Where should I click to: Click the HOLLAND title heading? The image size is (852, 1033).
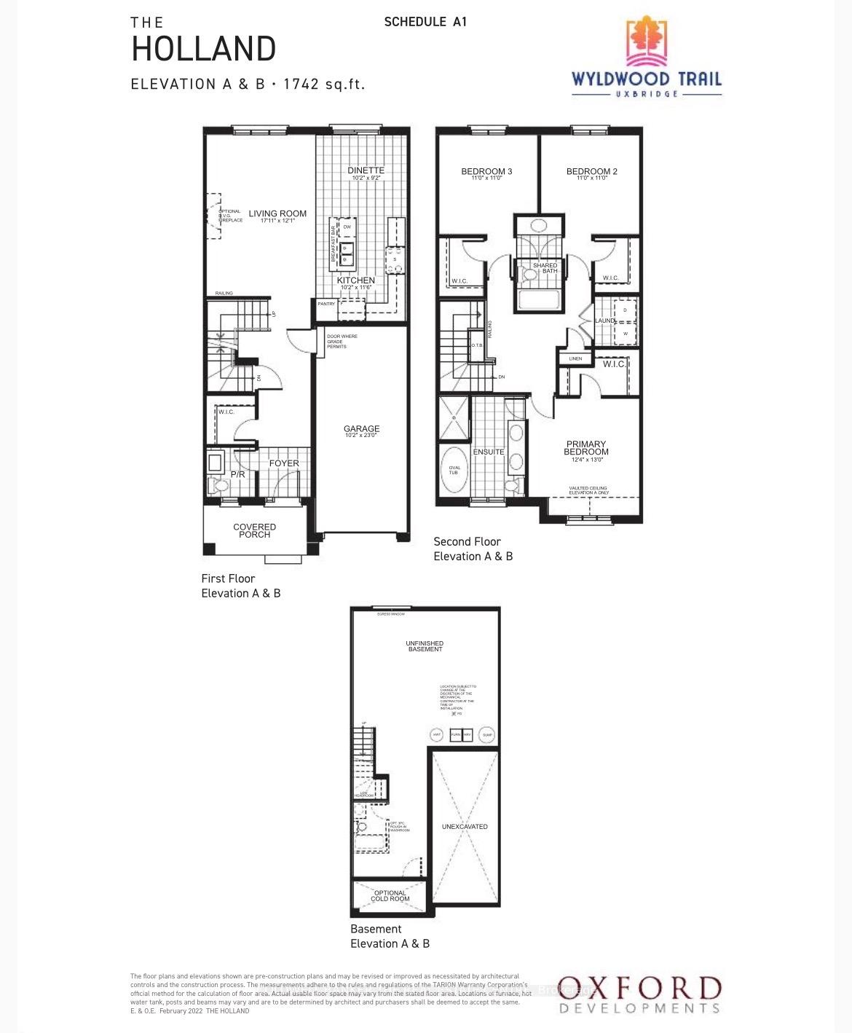(203, 49)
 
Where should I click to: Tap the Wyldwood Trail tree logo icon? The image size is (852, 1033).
(647, 42)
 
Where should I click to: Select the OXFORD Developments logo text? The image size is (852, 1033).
(639, 989)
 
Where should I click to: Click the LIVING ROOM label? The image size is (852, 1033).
(277, 214)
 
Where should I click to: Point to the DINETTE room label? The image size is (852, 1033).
(366, 170)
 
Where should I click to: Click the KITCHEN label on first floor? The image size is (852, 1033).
(356, 280)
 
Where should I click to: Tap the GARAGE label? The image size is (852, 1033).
(362, 429)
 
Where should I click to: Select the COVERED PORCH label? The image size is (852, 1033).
(254, 530)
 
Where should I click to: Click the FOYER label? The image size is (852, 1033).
(284, 463)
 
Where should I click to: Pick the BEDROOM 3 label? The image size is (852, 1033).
(486, 172)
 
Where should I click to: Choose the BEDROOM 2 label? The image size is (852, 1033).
(591, 172)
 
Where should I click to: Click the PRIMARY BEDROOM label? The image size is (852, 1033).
(586, 448)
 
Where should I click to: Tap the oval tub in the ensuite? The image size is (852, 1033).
(454, 470)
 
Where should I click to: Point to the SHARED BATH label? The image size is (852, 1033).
(545, 267)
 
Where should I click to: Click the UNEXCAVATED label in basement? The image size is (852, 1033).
(465, 827)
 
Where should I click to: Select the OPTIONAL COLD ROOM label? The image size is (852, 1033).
(390, 896)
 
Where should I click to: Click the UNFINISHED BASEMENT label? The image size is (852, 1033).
(425, 646)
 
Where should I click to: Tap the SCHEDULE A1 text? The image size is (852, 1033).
(425, 22)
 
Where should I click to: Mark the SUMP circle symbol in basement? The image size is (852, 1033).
(487, 735)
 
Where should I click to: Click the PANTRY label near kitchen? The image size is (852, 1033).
(326, 304)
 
